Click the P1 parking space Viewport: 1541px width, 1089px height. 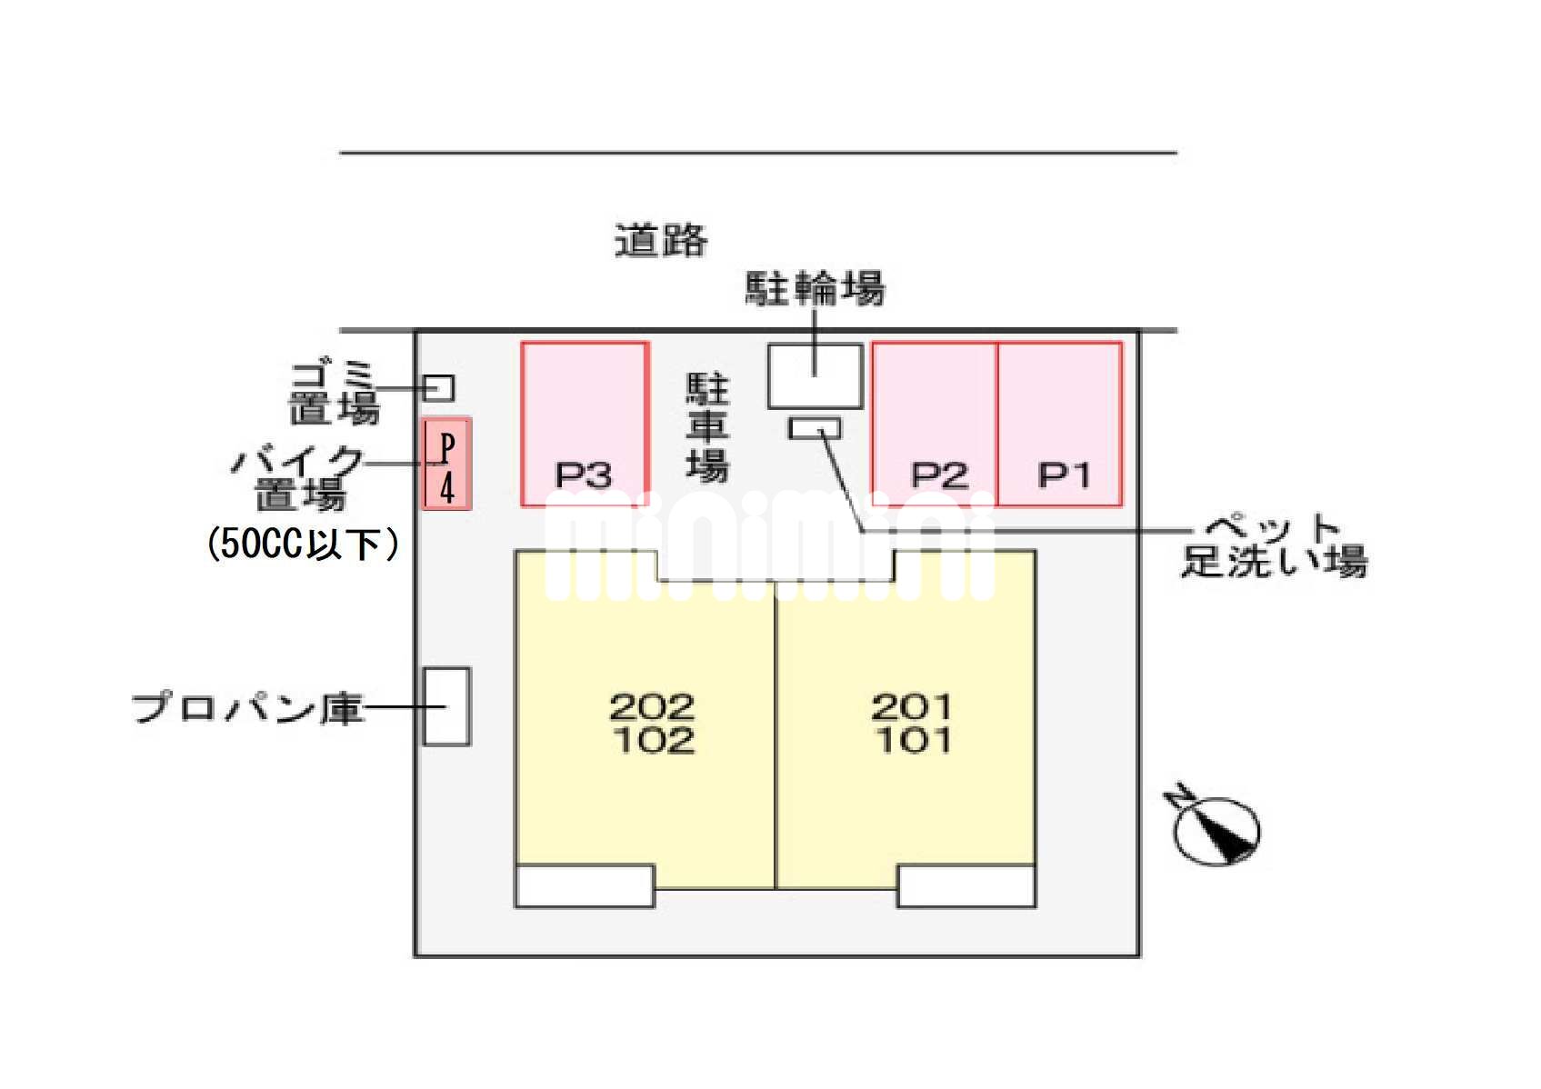click(1059, 424)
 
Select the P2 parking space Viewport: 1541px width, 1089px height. click(935, 424)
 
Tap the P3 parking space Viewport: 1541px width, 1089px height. click(584, 424)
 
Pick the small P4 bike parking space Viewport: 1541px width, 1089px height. click(446, 464)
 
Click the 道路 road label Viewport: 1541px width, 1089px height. click(661, 241)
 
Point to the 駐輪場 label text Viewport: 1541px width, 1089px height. click(815, 289)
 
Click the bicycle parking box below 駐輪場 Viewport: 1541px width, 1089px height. click(815, 375)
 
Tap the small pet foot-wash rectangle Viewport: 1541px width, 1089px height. click(814, 427)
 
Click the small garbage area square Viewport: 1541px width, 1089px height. click(439, 388)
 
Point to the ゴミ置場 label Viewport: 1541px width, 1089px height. click(334, 393)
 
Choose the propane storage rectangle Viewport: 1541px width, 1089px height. click(446, 706)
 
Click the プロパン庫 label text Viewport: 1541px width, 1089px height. click(248, 708)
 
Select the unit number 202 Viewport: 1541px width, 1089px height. click(652, 706)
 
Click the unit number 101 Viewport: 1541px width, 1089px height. click(913, 740)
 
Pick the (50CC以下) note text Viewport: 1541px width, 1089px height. click(303, 544)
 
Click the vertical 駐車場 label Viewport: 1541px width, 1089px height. click(706, 427)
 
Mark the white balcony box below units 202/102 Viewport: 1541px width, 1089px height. click(585, 885)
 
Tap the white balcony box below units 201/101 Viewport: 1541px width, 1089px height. click(966, 885)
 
